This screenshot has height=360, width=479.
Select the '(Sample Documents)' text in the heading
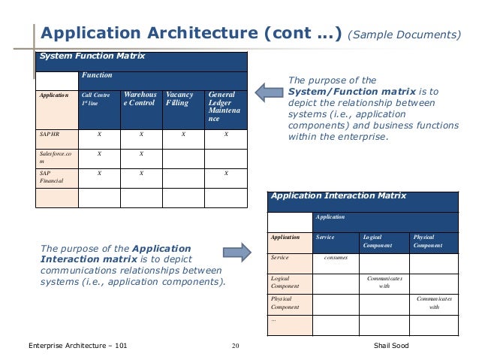[x=406, y=35]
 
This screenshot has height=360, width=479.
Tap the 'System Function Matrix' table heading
[x=92, y=56]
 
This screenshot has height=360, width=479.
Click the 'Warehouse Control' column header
[x=140, y=100]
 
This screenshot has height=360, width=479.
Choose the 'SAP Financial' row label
[x=53, y=177]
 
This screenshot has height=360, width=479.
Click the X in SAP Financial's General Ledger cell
[x=226, y=173]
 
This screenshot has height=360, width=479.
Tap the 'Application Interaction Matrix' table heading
[x=338, y=196]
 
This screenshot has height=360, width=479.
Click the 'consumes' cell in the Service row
[x=335, y=258]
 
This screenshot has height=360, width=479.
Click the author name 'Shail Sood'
[x=400, y=346]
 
